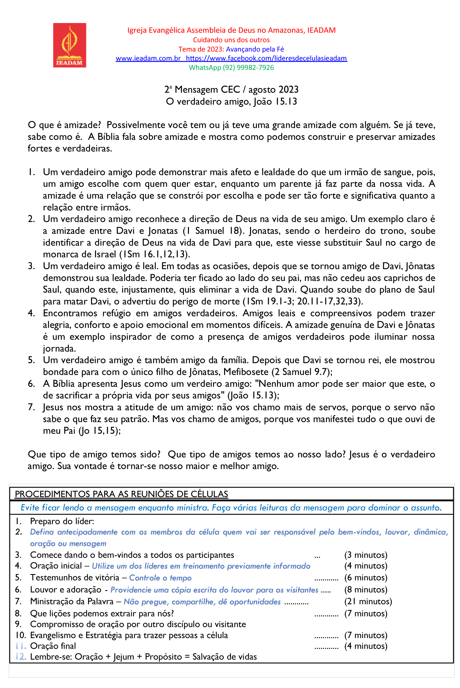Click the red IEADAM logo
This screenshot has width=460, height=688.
[70, 45]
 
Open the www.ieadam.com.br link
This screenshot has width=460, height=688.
[148, 58]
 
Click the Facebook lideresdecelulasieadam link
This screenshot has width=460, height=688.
[266, 58]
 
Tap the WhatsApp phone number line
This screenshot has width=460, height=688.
[231, 68]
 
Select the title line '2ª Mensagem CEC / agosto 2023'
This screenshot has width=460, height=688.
[231, 90]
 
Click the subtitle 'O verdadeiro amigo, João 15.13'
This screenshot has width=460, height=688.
[231, 101]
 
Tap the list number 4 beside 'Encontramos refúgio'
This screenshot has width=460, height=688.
[31, 313]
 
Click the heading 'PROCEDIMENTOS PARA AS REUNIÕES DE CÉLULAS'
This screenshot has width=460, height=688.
[122, 494]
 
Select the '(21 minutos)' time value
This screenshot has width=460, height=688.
[368, 602]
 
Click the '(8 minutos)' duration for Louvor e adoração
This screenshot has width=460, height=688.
[366, 590]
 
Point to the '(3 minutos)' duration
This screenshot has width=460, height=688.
[366, 555]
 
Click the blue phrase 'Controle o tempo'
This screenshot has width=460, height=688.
[160, 578]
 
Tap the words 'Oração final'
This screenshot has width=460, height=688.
[53, 646]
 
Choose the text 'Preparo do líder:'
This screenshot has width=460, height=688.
[62, 522]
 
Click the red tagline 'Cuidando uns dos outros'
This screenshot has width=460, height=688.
[231, 40]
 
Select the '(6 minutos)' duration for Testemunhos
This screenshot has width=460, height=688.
[366, 578]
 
